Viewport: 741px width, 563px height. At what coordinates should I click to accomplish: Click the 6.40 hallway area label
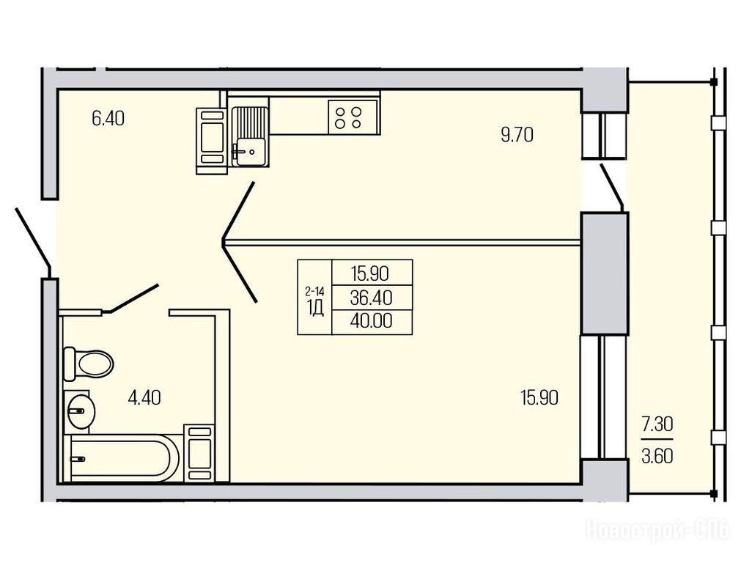tap(108, 118)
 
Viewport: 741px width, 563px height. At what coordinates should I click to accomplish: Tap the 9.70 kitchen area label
tap(517, 135)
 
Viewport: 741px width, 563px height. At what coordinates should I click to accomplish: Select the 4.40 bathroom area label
tap(144, 397)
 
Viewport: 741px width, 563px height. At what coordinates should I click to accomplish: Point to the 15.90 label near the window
tap(539, 397)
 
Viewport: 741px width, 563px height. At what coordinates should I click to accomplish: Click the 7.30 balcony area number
tap(657, 424)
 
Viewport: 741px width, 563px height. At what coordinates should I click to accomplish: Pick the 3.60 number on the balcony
tap(657, 457)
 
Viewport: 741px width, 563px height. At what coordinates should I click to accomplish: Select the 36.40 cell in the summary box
tap(372, 298)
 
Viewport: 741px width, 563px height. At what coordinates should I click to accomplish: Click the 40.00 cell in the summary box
tap(372, 321)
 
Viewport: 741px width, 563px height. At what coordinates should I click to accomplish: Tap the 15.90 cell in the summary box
tap(369, 273)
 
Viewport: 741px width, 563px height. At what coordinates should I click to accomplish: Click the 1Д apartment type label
tap(315, 308)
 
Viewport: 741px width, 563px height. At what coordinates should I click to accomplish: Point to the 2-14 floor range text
tap(314, 291)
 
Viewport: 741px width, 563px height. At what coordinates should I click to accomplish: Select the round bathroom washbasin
tap(81, 411)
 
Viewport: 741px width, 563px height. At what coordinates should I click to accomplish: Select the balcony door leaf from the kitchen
tap(612, 187)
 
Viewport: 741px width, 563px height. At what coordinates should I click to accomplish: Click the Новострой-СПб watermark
tap(658, 529)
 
